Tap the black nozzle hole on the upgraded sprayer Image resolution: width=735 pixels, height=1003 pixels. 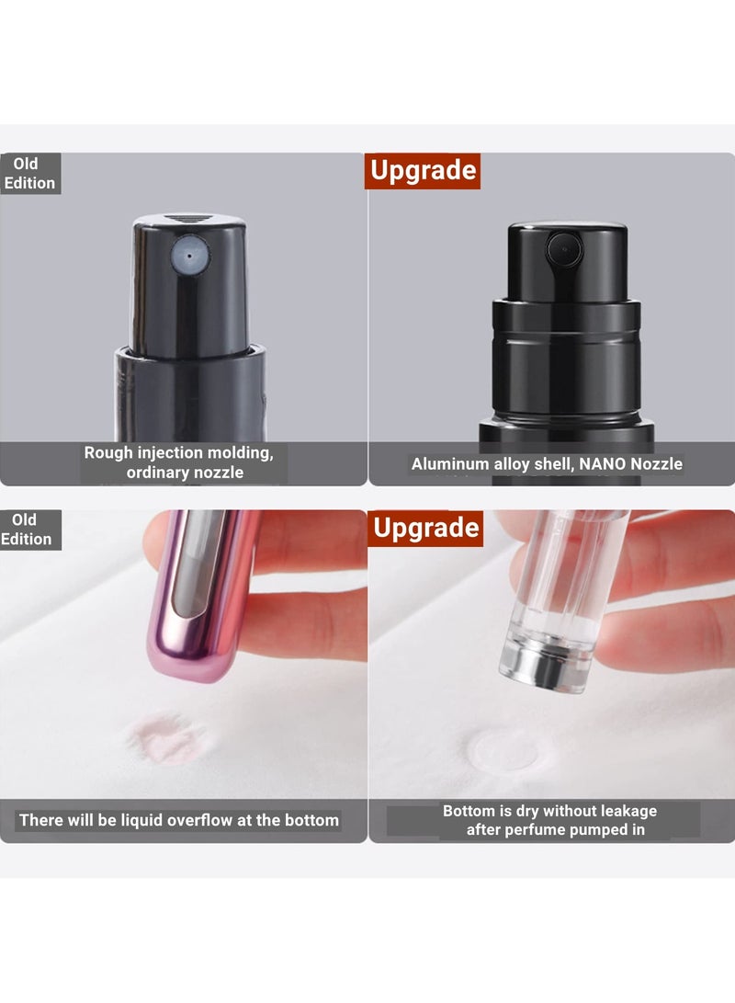click(x=560, y=247)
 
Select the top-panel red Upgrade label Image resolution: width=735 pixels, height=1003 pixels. click(x=423, y=171)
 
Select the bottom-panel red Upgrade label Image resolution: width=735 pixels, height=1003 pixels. click(x=425, y=528)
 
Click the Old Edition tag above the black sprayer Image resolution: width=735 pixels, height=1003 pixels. click(x=29, y=173)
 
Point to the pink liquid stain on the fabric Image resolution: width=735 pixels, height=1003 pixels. click(x=167, y=738)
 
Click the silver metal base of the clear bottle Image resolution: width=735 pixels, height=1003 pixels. click(x=543, y=666)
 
